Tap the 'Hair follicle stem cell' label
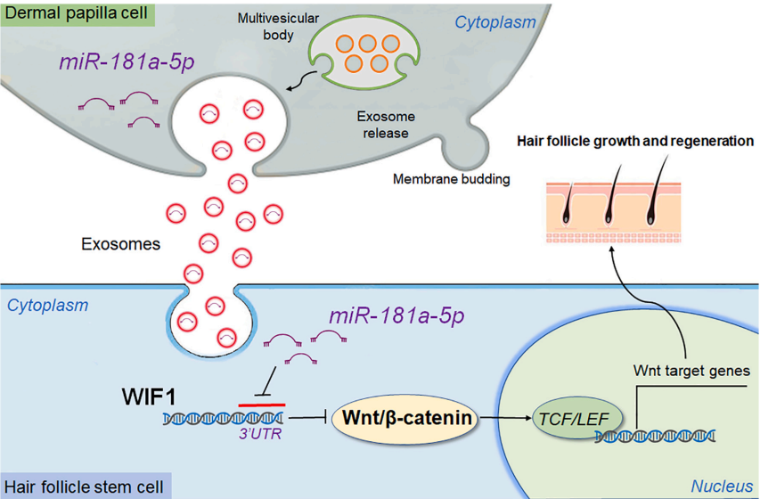tap(84, 487)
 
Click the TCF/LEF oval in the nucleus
tap(568, 416)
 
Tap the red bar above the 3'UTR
tap(262, 405)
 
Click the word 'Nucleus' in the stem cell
tap(722, 487)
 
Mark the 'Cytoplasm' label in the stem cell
tap(48, 306)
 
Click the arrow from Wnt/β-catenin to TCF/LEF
tap(505, 416)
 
